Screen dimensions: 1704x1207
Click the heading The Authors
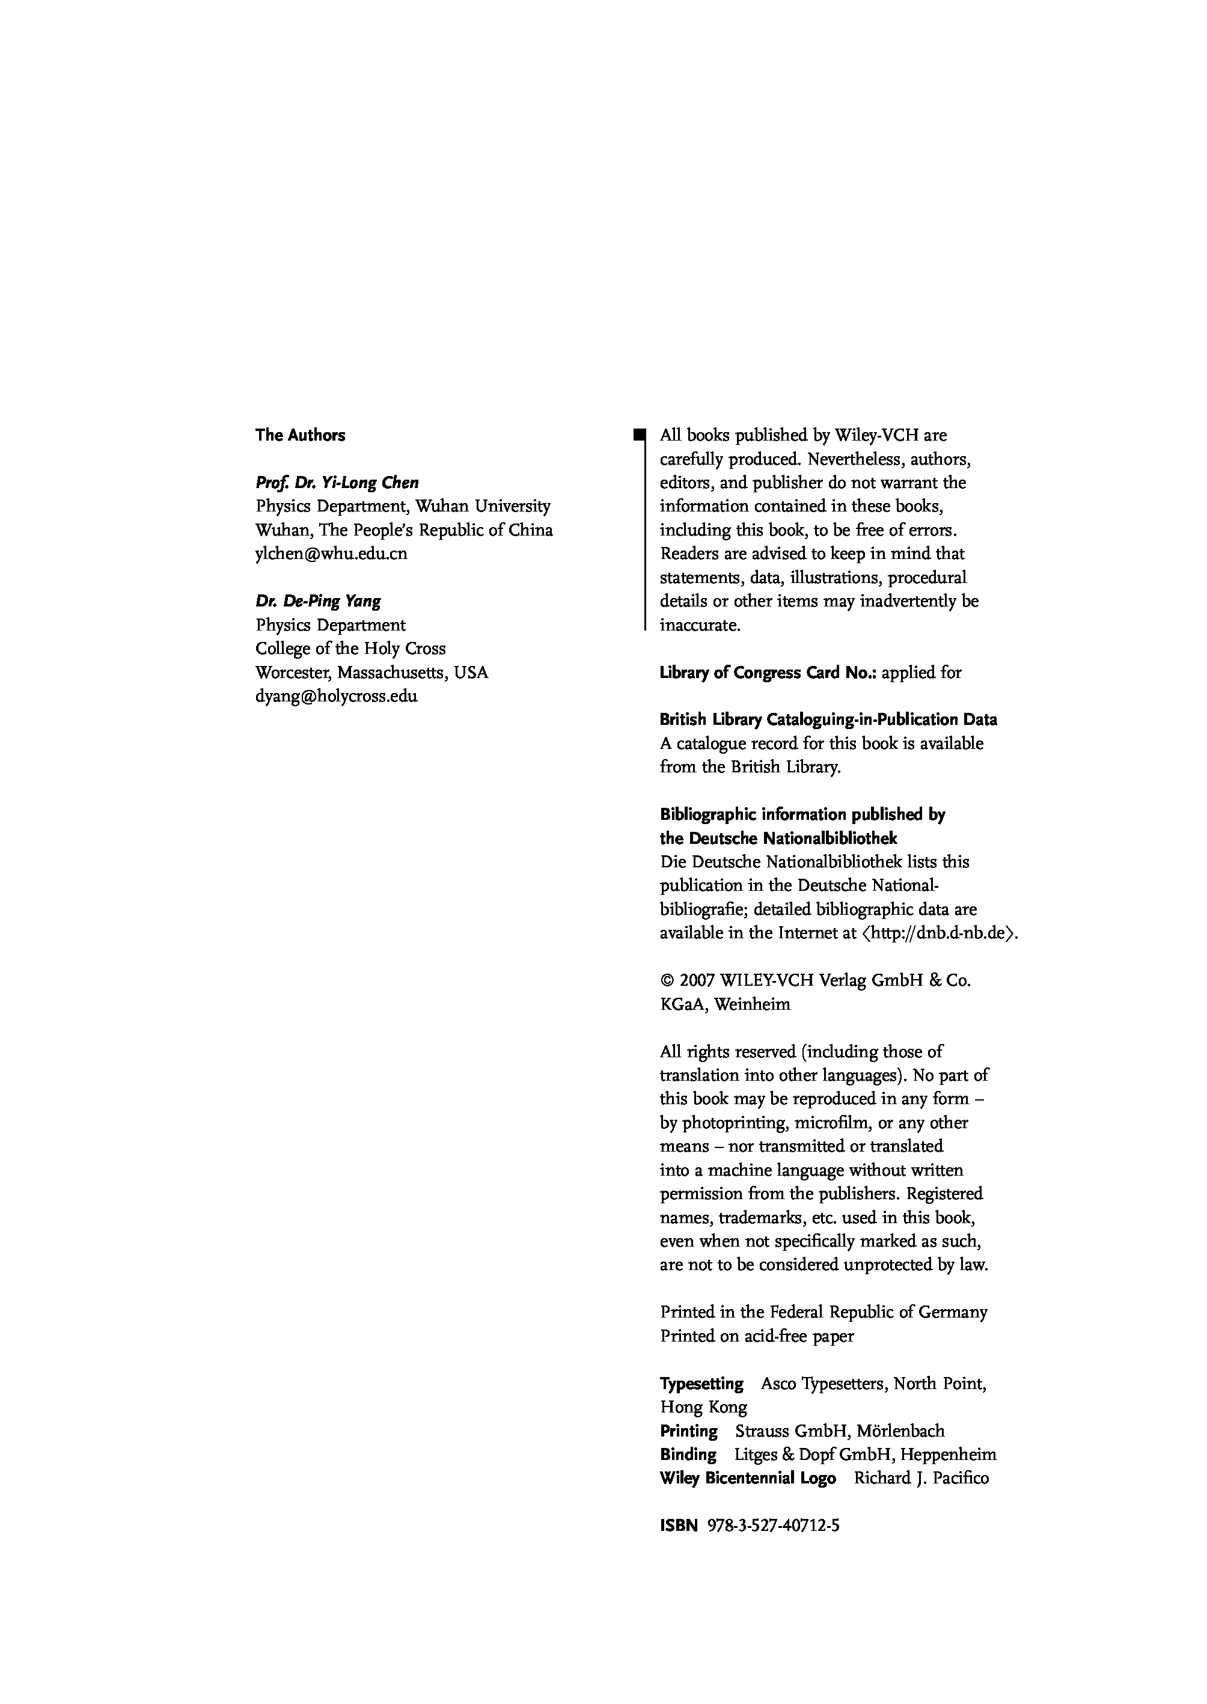pyautogui.click(x=301, y=436)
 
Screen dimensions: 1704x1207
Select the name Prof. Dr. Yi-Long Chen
pyautogui.click(x=337, y=483)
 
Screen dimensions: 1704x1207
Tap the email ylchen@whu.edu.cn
pyautogui.click(x=331, y=554)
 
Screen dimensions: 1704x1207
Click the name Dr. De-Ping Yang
pyautogui.click(x=318, y=601)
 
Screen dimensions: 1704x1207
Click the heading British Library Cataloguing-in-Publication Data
pyautogui.click(x=828, y=720)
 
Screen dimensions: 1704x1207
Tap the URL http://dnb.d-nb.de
pyautogui.click(x=940, y=934)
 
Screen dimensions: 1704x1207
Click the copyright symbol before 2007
pyautogui.click(x=666, y=981)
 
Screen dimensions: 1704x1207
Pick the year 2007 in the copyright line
pyautogui.click(x=697, y=981)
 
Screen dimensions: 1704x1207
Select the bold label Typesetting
pyautogui.click(x=701, y=1384)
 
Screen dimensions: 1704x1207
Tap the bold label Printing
pyautogui.click(x=689, y=1431)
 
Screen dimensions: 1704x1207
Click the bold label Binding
pyautogui.click(x=688, y=1455)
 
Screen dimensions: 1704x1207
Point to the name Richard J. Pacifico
pyautogui.click(x=921, y=1479)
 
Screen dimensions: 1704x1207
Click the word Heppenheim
pyautogui.click(x=949, y=1455)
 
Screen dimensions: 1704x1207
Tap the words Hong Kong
pyautogui.click(x=703, y=1408)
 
